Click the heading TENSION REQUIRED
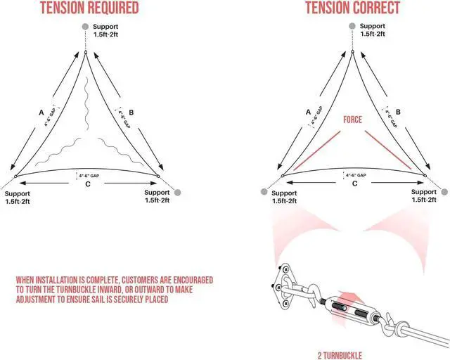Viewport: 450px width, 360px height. [x=89, y=9]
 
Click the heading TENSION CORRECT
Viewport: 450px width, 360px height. [x=353, y=9]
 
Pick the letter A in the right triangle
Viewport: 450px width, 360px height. [x=309, y=110]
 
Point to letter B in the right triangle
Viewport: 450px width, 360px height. [x=398, y=110]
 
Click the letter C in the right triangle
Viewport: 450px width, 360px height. [x=354, y=184]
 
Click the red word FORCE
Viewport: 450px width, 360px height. [x=353, y=120]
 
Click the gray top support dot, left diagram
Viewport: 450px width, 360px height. [x=85, y=27]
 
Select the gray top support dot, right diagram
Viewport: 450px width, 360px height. [x=353, y=27]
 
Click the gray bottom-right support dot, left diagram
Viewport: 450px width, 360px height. [x=178, y=192]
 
